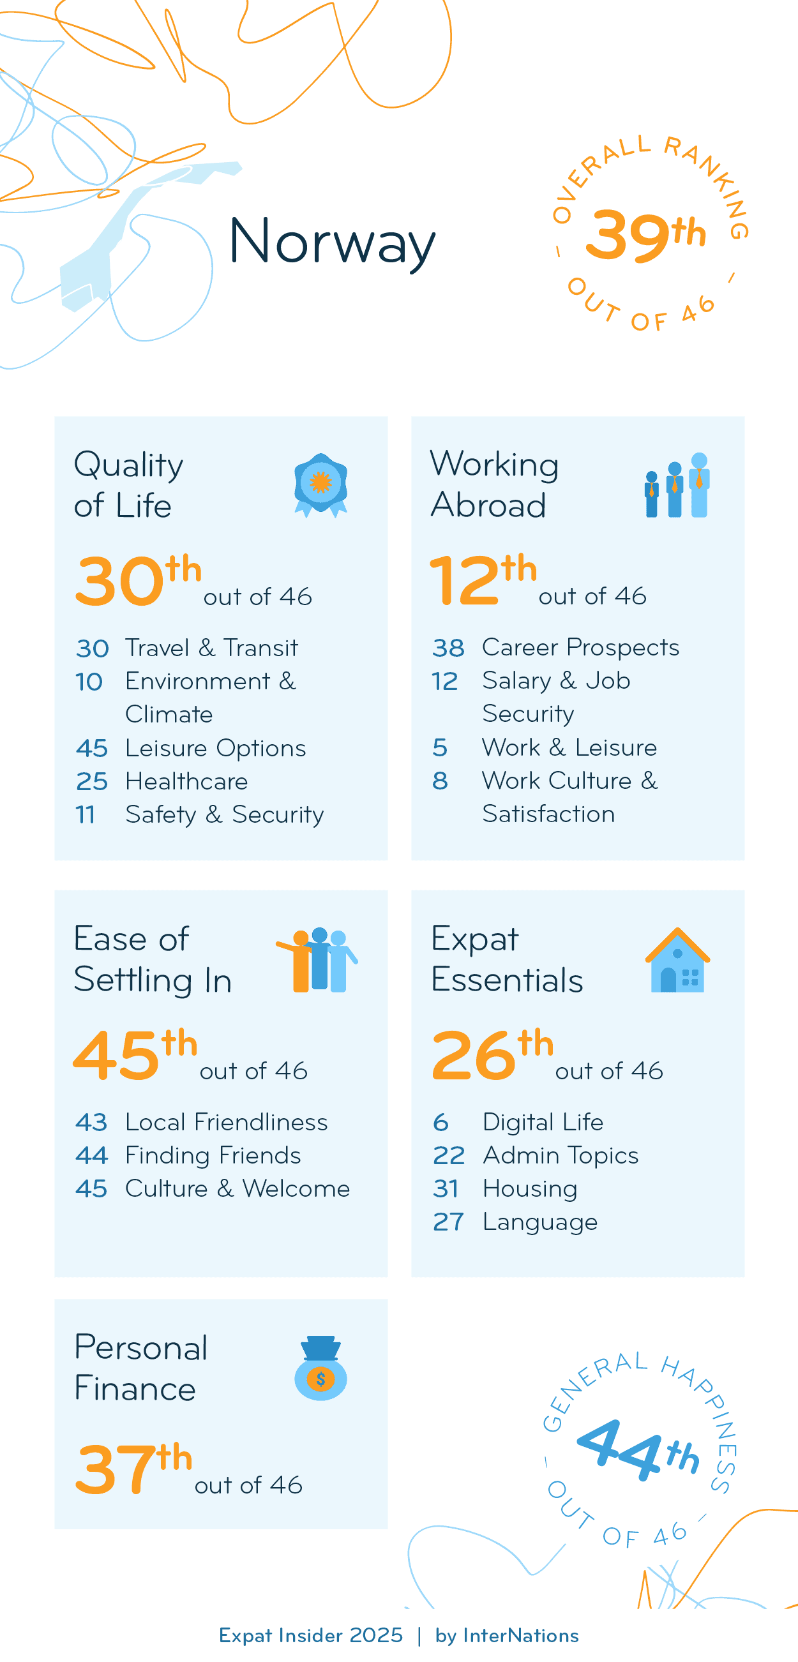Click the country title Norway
[331, 242]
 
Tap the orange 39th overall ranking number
[645, 235]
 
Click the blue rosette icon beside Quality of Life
[320, 484]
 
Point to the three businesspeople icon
[677, 485]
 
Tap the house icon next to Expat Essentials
[677, 960]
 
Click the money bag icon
[320, 1368]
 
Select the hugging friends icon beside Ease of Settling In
[317, 960]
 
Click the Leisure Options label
[216, 749]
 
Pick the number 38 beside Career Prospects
[448, 647]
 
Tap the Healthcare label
[186, 781]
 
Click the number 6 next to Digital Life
[440, 1123]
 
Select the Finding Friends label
[213, 1155]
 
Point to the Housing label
[530, 1188]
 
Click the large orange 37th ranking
[134, 1468]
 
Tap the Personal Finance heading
[140, 1368]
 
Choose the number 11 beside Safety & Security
[85, 815]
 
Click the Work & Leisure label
[569, 747]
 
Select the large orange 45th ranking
[134, 1055]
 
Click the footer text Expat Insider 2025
[310, 1636]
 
